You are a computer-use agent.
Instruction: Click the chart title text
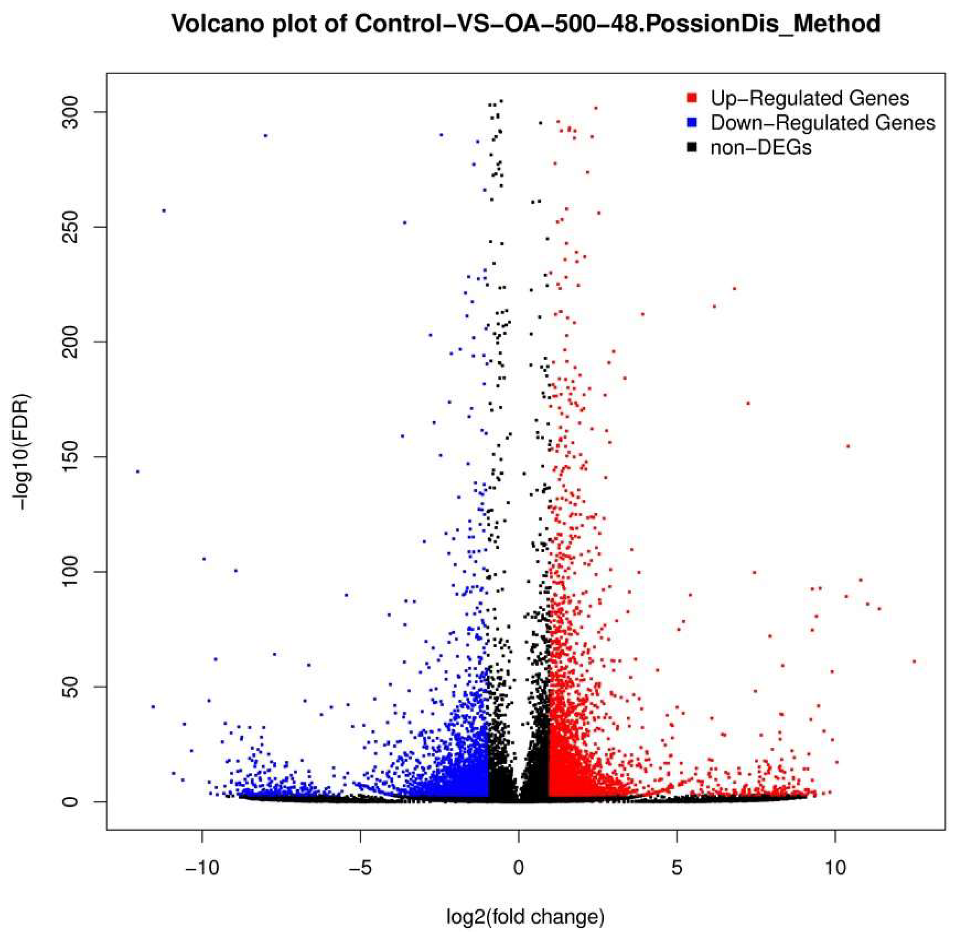pyautogui.click(x=525, y=23)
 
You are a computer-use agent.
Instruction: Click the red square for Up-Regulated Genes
pyautogui.click(x=692, y=98)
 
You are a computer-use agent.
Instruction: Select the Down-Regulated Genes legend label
pyautogui.click(x=822, y=123)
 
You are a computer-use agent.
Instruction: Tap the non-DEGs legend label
pyautogui.click(x=761, y=147)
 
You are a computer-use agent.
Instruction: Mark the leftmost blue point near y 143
pyautogui.click(x=138, y=471)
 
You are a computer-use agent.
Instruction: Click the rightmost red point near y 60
pyautogui.click(x=914, y=662)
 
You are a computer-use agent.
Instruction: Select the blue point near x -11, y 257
pyautogui.click(x=164, y=211)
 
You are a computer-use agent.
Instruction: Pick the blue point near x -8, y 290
pyautogui.click(x=266, y=135)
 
